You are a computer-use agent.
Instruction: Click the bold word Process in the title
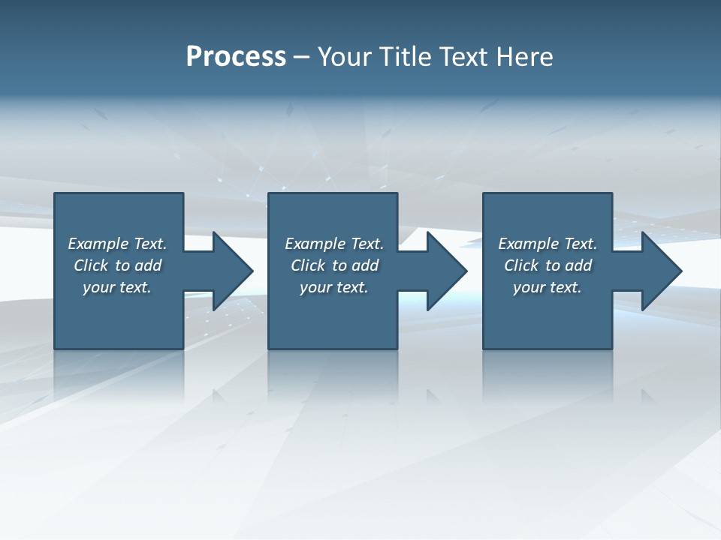coord(236,57)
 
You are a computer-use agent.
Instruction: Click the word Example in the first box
coord(98,244)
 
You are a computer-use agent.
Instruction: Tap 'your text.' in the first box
coord(117,287)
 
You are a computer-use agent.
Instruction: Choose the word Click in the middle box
coord(308,265)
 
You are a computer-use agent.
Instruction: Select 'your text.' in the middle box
coord(333,287)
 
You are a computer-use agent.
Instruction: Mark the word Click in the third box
coord(521,265)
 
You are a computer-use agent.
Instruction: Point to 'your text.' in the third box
coord(548,287)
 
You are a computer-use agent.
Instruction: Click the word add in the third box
coord(578,265)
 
